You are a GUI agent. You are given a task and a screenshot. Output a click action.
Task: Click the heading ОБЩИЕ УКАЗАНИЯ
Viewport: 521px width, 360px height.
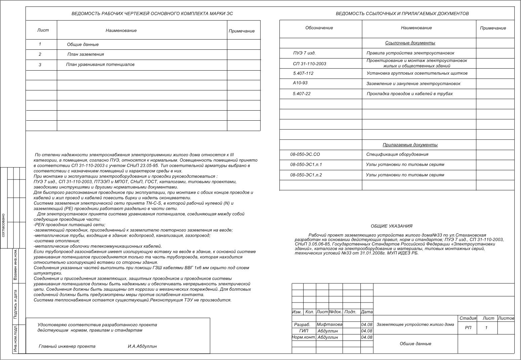[x=391, y=226]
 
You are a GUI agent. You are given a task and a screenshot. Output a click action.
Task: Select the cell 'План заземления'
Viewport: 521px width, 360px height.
[x=86, y=54]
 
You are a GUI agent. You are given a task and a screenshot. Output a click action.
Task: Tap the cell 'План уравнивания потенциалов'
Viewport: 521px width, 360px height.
[x=100, y=65]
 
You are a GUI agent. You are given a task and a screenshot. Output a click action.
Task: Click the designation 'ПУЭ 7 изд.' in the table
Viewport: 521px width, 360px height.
[x=304, y=53]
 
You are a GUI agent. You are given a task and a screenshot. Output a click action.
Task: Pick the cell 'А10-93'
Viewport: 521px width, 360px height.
[x=300, y=83]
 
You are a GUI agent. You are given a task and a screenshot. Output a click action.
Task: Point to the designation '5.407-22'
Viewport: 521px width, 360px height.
[x=302, y=94]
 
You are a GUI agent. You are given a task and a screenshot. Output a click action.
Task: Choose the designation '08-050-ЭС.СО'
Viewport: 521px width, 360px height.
[x=305, y=155]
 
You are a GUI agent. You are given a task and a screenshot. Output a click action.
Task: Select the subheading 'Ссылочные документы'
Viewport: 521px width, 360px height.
[x=410, y=43]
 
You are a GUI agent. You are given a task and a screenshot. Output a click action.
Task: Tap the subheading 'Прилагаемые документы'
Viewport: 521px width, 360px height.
[x=410, y=145]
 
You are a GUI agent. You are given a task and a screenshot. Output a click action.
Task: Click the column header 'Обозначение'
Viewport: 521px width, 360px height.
[x=319, y=28]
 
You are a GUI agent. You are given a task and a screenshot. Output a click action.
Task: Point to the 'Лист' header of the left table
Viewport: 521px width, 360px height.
[x=43, y=30]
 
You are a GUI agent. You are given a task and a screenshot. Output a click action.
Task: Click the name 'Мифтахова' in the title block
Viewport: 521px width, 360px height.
[x=329, y=325]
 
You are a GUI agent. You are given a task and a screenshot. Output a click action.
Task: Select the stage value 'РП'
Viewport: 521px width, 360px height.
[x=468, y=328]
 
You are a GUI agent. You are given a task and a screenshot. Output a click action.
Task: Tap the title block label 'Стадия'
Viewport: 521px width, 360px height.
[x=468, y=318]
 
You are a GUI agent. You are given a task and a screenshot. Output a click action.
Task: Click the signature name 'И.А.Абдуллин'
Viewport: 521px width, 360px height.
[x=142, y=346]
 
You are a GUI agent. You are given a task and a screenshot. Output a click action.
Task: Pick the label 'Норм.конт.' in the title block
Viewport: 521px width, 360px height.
[x=304, y=337]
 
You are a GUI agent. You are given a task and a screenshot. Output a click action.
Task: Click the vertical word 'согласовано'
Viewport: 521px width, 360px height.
[x=3, y=225]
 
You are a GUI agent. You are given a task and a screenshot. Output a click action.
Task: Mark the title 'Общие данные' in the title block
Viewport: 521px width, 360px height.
[x=415, y=344]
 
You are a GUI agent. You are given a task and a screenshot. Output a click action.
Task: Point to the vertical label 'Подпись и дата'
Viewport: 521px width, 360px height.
[x=15, y=304]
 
